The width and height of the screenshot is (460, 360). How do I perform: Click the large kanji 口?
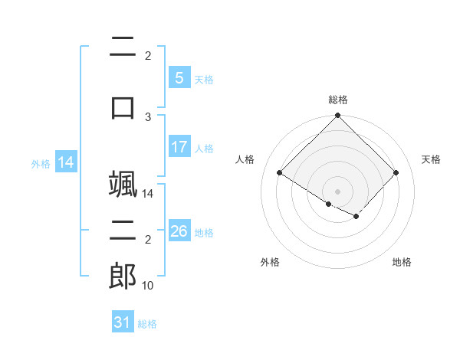tap(123, 108)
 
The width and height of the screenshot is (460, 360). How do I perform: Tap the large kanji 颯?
tap(123, 184)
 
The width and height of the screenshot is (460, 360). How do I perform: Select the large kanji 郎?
tap(123, 276)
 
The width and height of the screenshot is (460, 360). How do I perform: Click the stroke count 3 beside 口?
tap(148, 117)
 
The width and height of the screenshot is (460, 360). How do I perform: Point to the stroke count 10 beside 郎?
tap(147, 286)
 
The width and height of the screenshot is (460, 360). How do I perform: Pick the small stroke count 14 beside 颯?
tap(147, 194)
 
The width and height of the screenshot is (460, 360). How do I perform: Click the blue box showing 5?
tap(179, 77)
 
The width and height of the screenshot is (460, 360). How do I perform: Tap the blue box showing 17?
tap(179, 146)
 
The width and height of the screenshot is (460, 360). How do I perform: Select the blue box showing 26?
tap(179, 230)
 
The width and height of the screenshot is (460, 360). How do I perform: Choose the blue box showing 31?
tap(123, 321)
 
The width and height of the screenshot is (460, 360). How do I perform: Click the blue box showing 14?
tap(66, 162)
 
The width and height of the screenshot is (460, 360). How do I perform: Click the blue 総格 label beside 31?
tap(147, 324)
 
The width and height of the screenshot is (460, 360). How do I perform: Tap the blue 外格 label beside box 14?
tap(41, 164)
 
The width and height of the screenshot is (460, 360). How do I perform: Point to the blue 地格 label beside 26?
tap(204, 233)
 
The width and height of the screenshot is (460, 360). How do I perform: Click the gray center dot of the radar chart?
tap(337, 191)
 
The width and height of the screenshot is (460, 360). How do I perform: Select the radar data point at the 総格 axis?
tap(337, 115)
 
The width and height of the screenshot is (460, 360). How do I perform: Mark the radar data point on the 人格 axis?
tap(280, 172)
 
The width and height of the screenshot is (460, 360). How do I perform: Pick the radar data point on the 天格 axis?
tap(396, 172)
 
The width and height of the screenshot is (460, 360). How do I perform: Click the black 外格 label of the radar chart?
tap(270, 262)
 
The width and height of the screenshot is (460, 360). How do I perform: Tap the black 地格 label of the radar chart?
tap(402, 262)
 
